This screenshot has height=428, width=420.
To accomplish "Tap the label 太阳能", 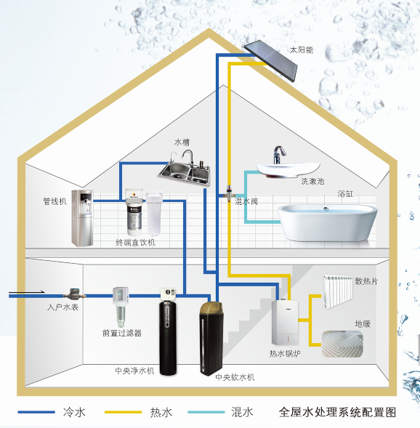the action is [x=302, y=50].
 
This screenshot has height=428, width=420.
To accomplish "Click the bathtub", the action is [x=328, y=223].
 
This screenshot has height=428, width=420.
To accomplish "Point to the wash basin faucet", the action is [x=279, y=155].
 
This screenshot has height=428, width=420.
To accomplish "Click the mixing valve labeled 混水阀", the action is [x=229, y=193].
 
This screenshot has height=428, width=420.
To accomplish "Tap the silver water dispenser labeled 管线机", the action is [x=82, y=218].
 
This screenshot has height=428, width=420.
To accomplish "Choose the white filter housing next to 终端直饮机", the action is [x=154, y=214].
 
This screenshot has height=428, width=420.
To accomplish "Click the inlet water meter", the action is [x=74, y=294].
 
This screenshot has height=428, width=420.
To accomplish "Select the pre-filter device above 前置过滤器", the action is [x=121, y=307].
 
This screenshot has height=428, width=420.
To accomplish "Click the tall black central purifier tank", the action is [x=168, y=331].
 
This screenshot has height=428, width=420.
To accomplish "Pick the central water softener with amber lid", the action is [x=211, y=339].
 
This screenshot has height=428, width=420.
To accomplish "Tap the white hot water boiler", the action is [x=285, y=322].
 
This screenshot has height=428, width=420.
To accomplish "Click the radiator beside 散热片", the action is [x=338, y=291].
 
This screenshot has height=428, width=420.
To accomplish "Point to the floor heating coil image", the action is [x=342, y=344].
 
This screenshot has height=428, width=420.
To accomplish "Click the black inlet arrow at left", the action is [x=26, y=292].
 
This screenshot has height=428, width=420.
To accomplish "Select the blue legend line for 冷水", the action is [x=36, y=412].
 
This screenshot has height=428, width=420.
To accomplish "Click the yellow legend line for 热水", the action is [x=123, y=412].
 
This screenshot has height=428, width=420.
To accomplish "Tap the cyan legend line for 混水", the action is [x=206, y=412].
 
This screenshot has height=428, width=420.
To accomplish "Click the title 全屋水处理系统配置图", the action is [x=337, y=412].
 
